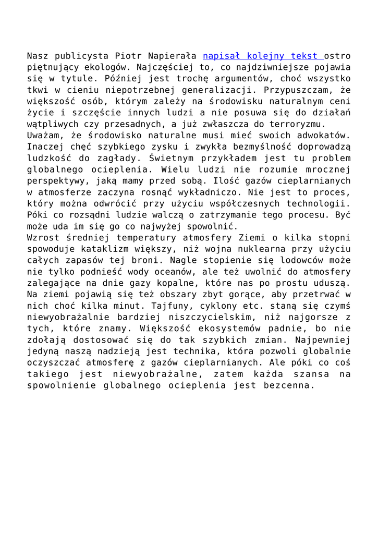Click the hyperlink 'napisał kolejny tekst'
(x=263, y=56)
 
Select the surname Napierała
(x=171, y=56)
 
